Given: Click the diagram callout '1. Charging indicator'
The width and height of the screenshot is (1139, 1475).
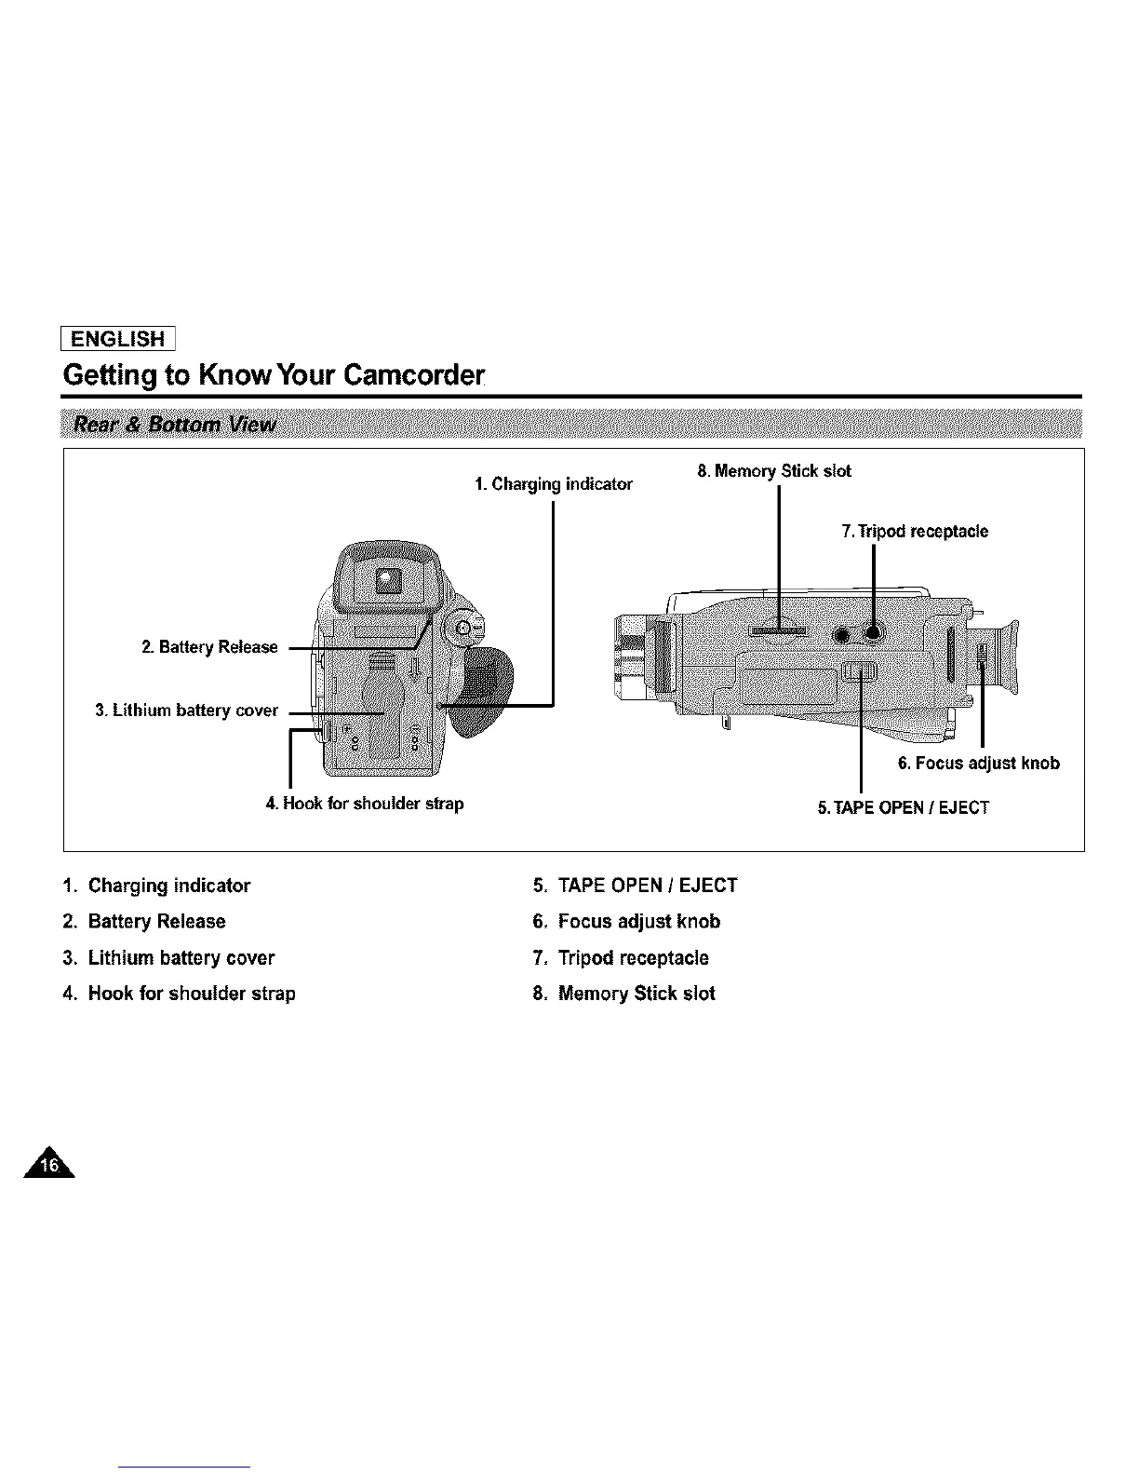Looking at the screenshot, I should (553, 484).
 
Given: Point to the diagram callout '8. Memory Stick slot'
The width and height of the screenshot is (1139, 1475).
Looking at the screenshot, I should (774, 471).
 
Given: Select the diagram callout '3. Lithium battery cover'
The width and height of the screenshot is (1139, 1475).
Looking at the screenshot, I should (187, 710).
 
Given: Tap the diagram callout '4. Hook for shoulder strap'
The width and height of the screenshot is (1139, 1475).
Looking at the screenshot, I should (364, 803).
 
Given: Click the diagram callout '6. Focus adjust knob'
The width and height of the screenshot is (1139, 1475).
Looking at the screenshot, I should (978, 764).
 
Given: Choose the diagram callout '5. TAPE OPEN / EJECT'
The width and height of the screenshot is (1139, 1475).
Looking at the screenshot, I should (903, 806).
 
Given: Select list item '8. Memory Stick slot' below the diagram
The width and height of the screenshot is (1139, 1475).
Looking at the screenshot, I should (624, 994).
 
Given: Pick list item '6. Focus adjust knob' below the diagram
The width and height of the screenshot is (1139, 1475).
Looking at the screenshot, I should (626, 921).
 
